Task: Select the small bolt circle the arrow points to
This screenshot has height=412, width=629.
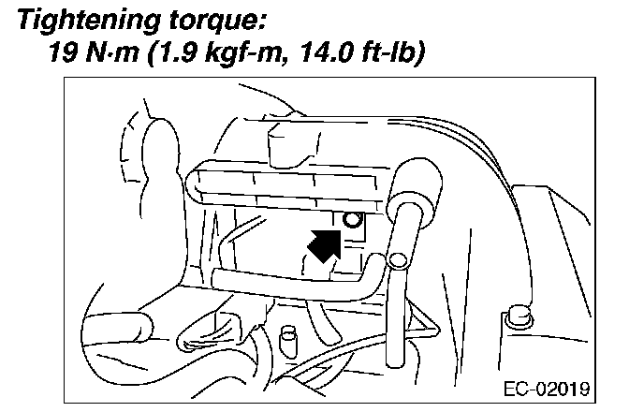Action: pyautogui.click(x=353, y=220)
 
